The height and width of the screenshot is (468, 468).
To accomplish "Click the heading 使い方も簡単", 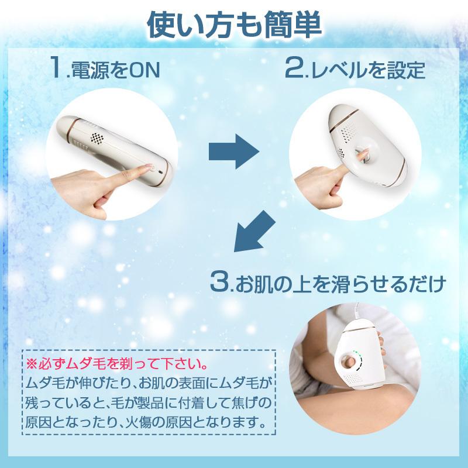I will (x=234, y=24).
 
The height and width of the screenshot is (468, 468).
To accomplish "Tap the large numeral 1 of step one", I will (x=56, y=68).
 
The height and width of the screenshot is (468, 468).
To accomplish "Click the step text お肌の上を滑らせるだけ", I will (x=339, y=285).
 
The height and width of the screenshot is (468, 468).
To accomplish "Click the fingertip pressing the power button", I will (x=146, y=168).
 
